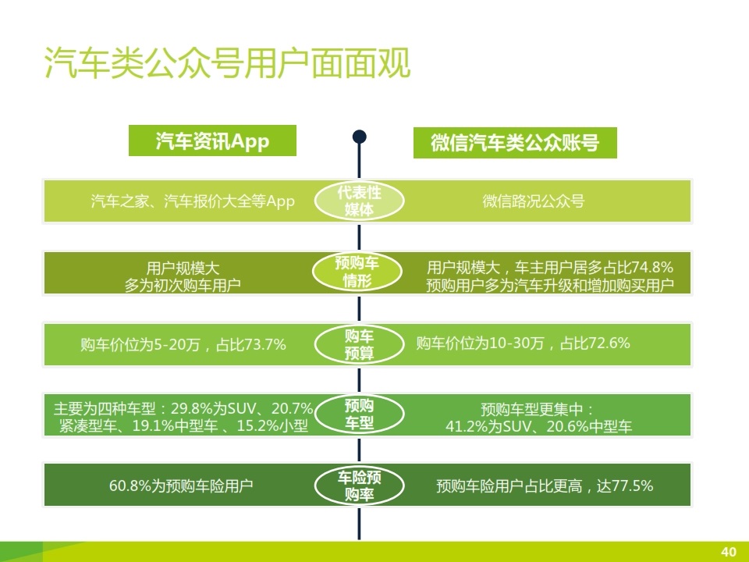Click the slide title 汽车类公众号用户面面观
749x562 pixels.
(227, 63)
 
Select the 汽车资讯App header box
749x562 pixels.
(212, 140)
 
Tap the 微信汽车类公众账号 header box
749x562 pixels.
(515, 142)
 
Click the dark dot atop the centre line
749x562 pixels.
(359, 137)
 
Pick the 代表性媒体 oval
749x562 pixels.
(359, 201)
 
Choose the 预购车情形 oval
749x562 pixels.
(357, 272)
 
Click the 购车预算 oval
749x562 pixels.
(359, 344)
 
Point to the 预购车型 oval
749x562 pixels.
(359, 414)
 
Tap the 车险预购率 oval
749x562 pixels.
(359, 486)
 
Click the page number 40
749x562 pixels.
(729, 552)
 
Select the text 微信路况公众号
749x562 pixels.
(533, 201)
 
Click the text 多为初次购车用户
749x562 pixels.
(183, 286)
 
